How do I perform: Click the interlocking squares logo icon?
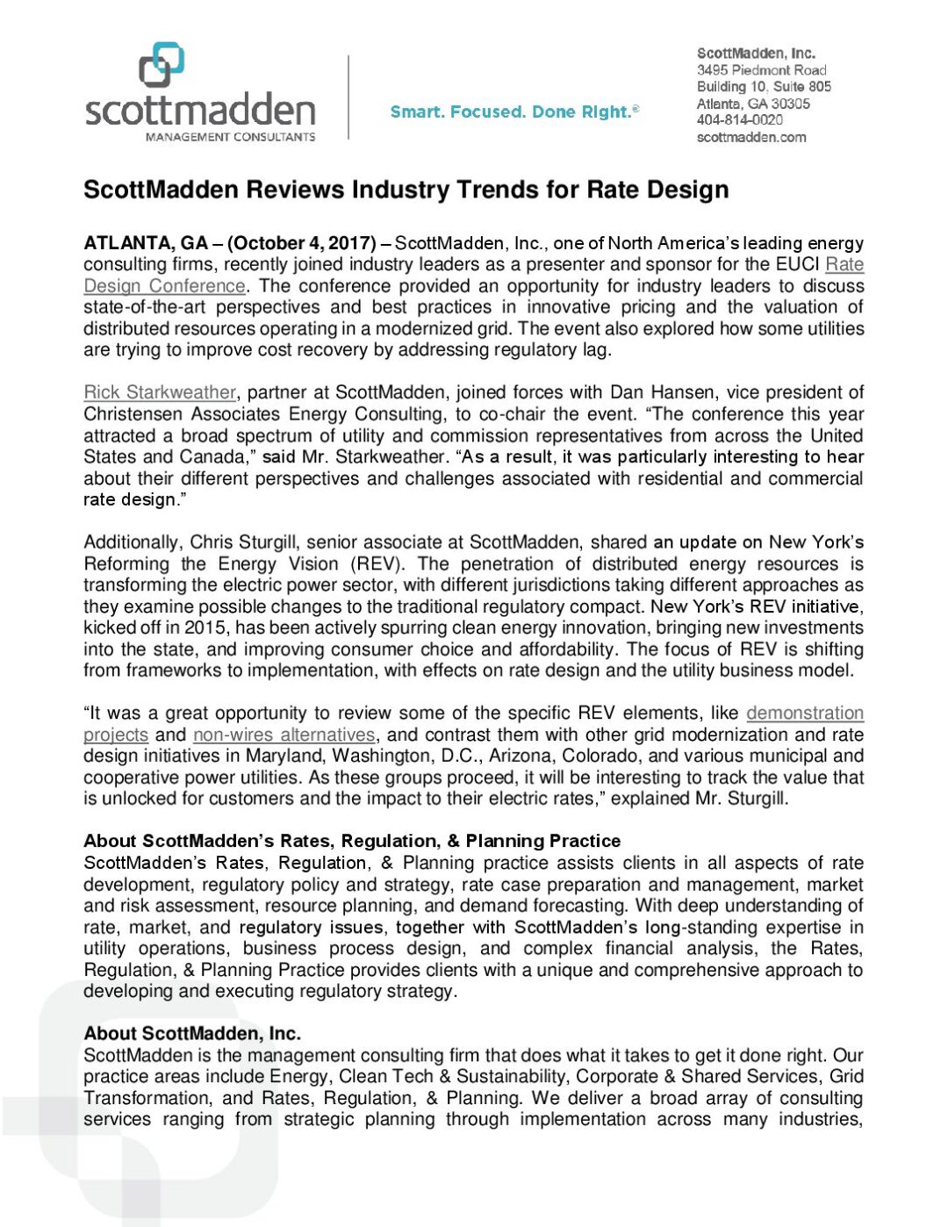click(162, 66)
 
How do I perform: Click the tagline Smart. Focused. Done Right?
click(514, 111)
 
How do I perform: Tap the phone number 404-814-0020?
click(739, 120)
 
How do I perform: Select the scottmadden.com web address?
click(751, 137)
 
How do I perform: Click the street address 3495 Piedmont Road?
click(761, 70)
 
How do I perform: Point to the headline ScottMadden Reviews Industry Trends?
click(406, 190)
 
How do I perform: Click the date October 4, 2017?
click(304, 243)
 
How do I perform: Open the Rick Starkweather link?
click(160, 392)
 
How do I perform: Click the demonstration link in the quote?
click(804, 714)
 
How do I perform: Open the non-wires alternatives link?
click(284, 735)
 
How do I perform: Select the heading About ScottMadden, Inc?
click(192, 1033)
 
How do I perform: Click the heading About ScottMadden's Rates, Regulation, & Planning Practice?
click(352, 841)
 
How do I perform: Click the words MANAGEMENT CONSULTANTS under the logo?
click(230, 137)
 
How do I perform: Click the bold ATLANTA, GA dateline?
click(146, 243)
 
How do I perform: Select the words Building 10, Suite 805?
click(764, 87)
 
